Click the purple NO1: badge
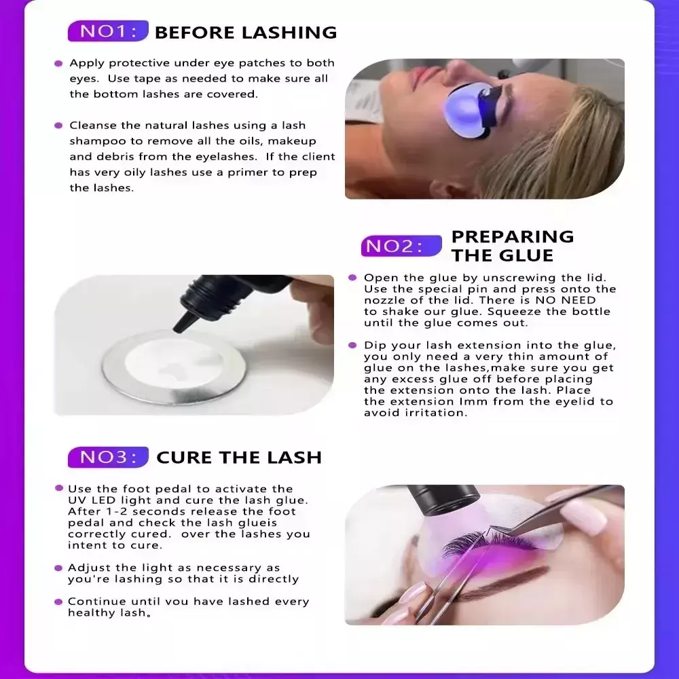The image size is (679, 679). coord(108,31)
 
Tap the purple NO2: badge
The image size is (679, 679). coord(401,246)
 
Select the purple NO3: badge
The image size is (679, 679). coord(108,457)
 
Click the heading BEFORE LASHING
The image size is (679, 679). coord(246,33)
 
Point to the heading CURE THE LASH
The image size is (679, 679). coord(239,458)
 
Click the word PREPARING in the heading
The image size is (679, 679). coord(513,237)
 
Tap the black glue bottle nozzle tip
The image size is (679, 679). coord(177,329)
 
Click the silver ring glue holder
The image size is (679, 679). coord(174,367)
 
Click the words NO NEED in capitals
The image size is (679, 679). coord(566,300)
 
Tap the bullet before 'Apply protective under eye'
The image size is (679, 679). coord(58,64)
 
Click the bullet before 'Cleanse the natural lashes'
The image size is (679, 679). coord(58,126)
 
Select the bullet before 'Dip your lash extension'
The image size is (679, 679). coord(352,345)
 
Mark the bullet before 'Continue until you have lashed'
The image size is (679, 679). coord(58,602)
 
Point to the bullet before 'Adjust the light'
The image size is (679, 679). coord(58,568)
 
